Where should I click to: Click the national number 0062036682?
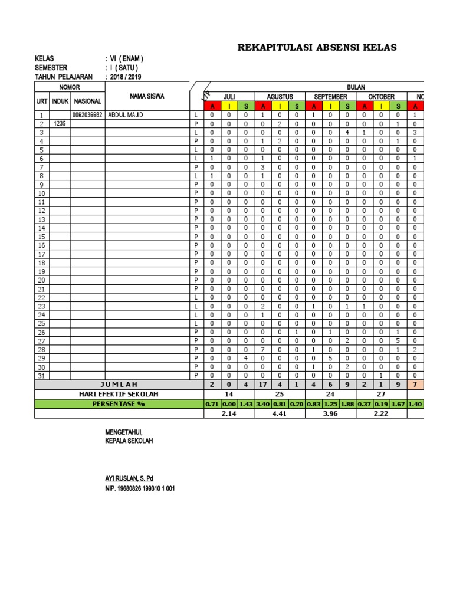click(87, 115)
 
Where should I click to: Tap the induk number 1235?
click(60, 124)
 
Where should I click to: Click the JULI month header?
click(229, 97)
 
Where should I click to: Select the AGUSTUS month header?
click(280, 97)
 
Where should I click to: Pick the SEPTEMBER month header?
click(330, 97)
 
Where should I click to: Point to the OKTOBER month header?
click(381, 97)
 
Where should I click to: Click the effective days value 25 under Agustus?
click(280, 393)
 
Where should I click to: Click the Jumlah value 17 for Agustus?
click(263, 385)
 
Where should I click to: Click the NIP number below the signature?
click(140, 489)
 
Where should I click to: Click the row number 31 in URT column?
click(42, 376)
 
